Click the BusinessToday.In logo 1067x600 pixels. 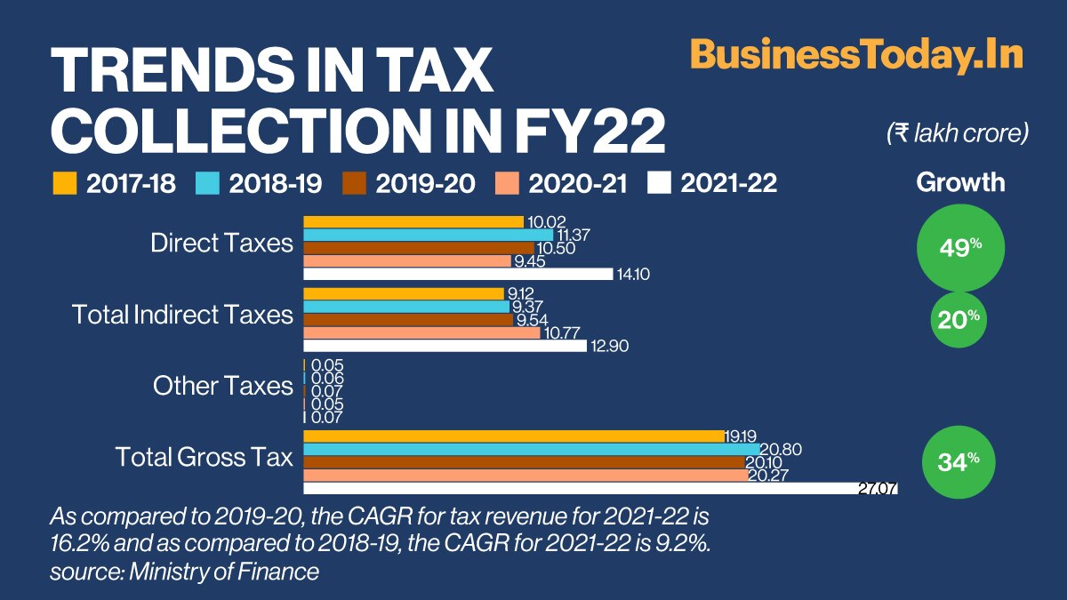click(x=857, y=55)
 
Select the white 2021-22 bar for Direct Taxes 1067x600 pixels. click(x=458, y=274)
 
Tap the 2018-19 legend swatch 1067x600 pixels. click(x=206, y=184)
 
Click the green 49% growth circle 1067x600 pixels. click(x=960, y=247)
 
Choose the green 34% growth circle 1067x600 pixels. click(x=960, y=461)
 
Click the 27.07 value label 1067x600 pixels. click(x=878, y=489)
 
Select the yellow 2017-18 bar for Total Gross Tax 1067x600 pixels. click(x=514, y=436)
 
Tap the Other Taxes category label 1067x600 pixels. click(x=222, y=386)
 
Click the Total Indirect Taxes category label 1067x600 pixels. click(x=182, y=314)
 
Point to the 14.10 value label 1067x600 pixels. click(x=632, y=275)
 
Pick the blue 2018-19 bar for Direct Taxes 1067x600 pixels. click(x=428, y=235)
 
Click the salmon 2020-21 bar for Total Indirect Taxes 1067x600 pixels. click(x=421, y=333)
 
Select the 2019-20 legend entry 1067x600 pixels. click(x=409, y=184)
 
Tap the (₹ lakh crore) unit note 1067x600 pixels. click(x=958, y=133)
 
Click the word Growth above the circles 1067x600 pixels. click(x=960, y=183)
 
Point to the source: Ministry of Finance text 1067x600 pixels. click(x=184, y=572)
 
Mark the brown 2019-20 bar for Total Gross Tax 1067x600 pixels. click(x=523, y=462)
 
